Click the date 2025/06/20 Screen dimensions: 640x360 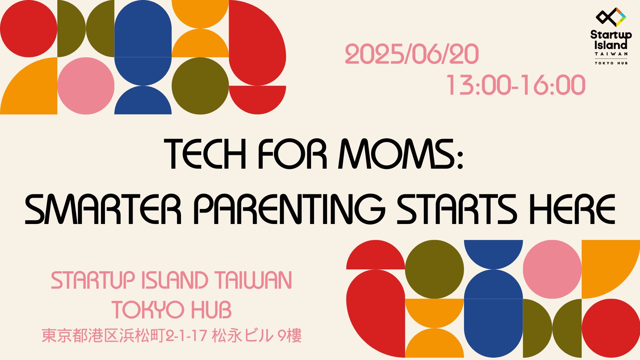click(412, 54)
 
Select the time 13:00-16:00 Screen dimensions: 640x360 click(516, 85)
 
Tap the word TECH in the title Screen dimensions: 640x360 click(205, 154)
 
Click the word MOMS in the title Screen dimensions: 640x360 click(397, 154)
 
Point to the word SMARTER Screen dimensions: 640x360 click(103, 209)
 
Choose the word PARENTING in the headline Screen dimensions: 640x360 click(289, 209)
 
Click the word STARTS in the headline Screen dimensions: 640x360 click(457, 209)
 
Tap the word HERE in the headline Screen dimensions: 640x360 click(572, 209)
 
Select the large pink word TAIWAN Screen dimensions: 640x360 click(253, 280)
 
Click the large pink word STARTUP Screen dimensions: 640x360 click(93, 280)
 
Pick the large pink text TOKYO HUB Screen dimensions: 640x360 click(171, 309)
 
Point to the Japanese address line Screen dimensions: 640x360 click(172, 335)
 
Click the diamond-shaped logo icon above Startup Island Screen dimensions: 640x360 click(611, 17)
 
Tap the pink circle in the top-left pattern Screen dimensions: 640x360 click(86, 86)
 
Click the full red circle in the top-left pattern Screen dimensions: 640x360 click(29, 29)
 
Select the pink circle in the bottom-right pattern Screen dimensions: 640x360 click(552, 269)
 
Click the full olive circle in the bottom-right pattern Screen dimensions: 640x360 click(434, 269)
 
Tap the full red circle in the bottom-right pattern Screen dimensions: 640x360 click(611, 328)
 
